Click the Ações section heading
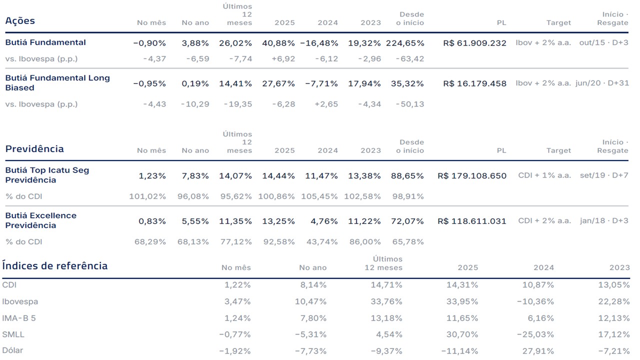[x=20, y=20]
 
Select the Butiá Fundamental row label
[x=45, y=42]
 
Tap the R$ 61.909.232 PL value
[x=474, y=43]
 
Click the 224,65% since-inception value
[x=405, y=43]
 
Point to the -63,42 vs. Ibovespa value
[x=410, y=59]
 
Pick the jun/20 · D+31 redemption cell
[x=602, y=83]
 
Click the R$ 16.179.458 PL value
[x=474, y=83]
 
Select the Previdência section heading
[x=34, y=149]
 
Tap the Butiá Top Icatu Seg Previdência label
[x=47, y=175]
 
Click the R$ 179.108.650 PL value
[x=471, y=175]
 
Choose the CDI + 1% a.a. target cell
[x=544, y=175]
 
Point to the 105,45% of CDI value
[x=319, y=196]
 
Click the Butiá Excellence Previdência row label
[x=41, y=220]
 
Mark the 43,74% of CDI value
[x=322, y=242]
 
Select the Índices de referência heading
[x=55, y=265]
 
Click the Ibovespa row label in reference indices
[x=20, y=301]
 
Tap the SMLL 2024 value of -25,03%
[x=535, y=334]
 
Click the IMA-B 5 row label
[x=19, y=318]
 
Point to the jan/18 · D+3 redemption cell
[x=604, y=220]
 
